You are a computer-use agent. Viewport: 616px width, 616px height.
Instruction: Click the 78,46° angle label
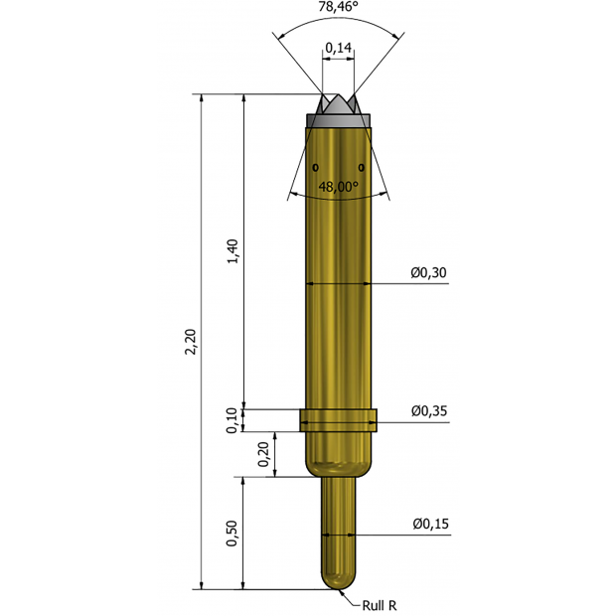pyautogui.click(x=339, y=7)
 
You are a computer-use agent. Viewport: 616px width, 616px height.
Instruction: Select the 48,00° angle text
pyautogui.click(x=338, y=186)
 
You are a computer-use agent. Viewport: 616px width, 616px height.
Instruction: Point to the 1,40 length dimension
pyautogui.click(x=232, y=251)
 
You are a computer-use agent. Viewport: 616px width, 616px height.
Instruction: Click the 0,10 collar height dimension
pyautogui.click(x=232, y=421)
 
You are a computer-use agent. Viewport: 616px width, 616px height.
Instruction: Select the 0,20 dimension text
pyautogui.click(x=263, y=454)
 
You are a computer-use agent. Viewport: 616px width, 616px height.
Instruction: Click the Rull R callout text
pyautogui.click(x=380, y=603)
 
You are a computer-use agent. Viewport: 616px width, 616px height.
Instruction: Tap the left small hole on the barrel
pyautogui.click(x=316, y=165)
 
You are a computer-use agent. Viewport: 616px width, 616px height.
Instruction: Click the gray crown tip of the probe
pyautogui.click(x=339, y=104)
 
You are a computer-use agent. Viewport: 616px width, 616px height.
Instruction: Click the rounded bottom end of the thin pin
pyautogui.click(x=339, y=581)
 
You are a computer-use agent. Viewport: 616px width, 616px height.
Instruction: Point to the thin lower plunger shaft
pyautogui.click(x=339, y=527)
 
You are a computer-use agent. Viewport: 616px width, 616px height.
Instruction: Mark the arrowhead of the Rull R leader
pyautogui.click(x=342, y=590)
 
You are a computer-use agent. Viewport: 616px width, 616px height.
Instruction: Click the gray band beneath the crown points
pyautogui.click(x=339, y=120)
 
